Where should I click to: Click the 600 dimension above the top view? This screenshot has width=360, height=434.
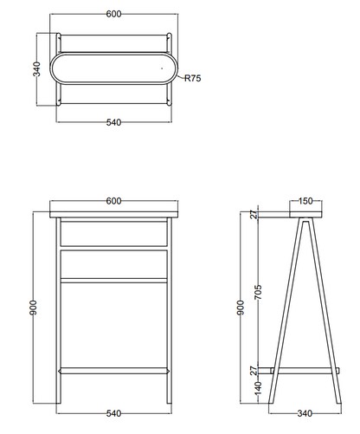tap(113, 14)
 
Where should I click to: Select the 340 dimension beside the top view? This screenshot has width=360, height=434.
tap(36, 68)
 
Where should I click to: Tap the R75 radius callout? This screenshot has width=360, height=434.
tap(193, 78)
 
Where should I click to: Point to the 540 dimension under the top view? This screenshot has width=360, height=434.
tap(113, 122)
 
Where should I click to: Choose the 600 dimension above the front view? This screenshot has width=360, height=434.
tap(113, 201)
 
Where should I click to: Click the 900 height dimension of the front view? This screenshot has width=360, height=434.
tap(34, 308)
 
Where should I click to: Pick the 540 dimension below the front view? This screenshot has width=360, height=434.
tap(113, 413)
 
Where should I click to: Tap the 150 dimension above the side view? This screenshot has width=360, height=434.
tap(305, 201)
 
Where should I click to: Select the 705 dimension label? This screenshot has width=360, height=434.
tap(259, 292)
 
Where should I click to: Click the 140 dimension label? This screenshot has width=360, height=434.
tap(259, 388)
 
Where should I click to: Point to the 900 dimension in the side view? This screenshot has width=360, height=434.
tap(241, 308)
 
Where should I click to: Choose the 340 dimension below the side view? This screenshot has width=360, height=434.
tap(305, 413)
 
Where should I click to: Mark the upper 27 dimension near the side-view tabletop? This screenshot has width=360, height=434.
tap(254, 215)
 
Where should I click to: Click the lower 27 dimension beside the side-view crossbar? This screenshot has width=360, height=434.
tap(254, 371)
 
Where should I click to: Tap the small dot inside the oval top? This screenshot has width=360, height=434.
tap(162, 68)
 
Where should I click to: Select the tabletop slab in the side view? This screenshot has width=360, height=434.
tap(305, 215)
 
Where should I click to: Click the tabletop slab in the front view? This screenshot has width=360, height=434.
tap(114, 215)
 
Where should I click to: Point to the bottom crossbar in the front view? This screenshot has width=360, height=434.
tap(114, 371)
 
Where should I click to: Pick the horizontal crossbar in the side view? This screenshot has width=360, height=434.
tap(305, 371)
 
